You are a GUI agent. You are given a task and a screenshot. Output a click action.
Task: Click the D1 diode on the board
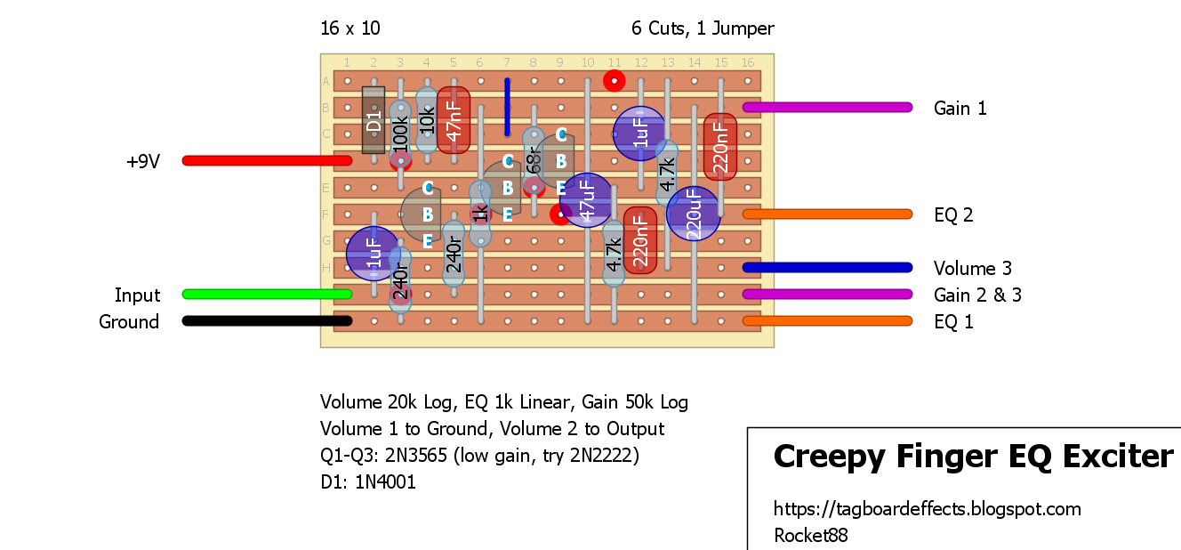pyautogui.click(x=374, y=119)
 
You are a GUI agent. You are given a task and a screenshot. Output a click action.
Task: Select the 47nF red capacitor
pyautogui.click(x=454, y=119)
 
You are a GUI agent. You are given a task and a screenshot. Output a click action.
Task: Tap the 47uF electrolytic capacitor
pyautogui.click(x=586, y=200)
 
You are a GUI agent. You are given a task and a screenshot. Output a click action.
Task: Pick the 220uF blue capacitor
pyautogui.click(x=693, y=214)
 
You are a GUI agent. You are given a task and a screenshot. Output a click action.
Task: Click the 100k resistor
pyautogui.click(x=400, y=133)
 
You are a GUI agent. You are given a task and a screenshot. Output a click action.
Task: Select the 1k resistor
pyautogui.click(x=480, y=214)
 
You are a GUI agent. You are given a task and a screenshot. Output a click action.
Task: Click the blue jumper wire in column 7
pyautogui.click(x=507, y=107)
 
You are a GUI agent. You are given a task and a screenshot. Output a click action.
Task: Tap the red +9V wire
pyautogui.click(x=267, y=160)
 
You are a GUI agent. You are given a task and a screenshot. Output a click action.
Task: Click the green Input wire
pyautogui.click(x=267, y=294)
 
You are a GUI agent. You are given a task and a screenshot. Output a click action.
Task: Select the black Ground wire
pyautogui.click(x=267, y=321)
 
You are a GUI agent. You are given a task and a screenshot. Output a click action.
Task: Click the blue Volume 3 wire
pyautogui.click(x=827, y=267)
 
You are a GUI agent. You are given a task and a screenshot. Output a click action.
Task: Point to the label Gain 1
pyautogui.click(x=960, y=109)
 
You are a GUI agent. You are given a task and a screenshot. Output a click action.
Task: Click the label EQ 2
pyautogui.click(x=953, y=214)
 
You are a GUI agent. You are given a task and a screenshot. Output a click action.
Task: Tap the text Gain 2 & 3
pyautogui.click(x=976, y=295)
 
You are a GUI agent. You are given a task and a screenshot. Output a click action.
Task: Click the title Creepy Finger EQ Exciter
pyautogui.click(x=973, y=457)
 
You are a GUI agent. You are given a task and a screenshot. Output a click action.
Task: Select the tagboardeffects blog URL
pyautogui.click(x=927, y=509)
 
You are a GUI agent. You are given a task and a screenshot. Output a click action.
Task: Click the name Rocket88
pyautogui.click(x=810, y=536)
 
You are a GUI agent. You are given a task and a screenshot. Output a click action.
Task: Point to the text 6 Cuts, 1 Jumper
pyautogui.click(x=703, y=28)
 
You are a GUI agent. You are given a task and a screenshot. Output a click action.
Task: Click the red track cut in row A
pyautogui.click(x=614, y=81)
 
